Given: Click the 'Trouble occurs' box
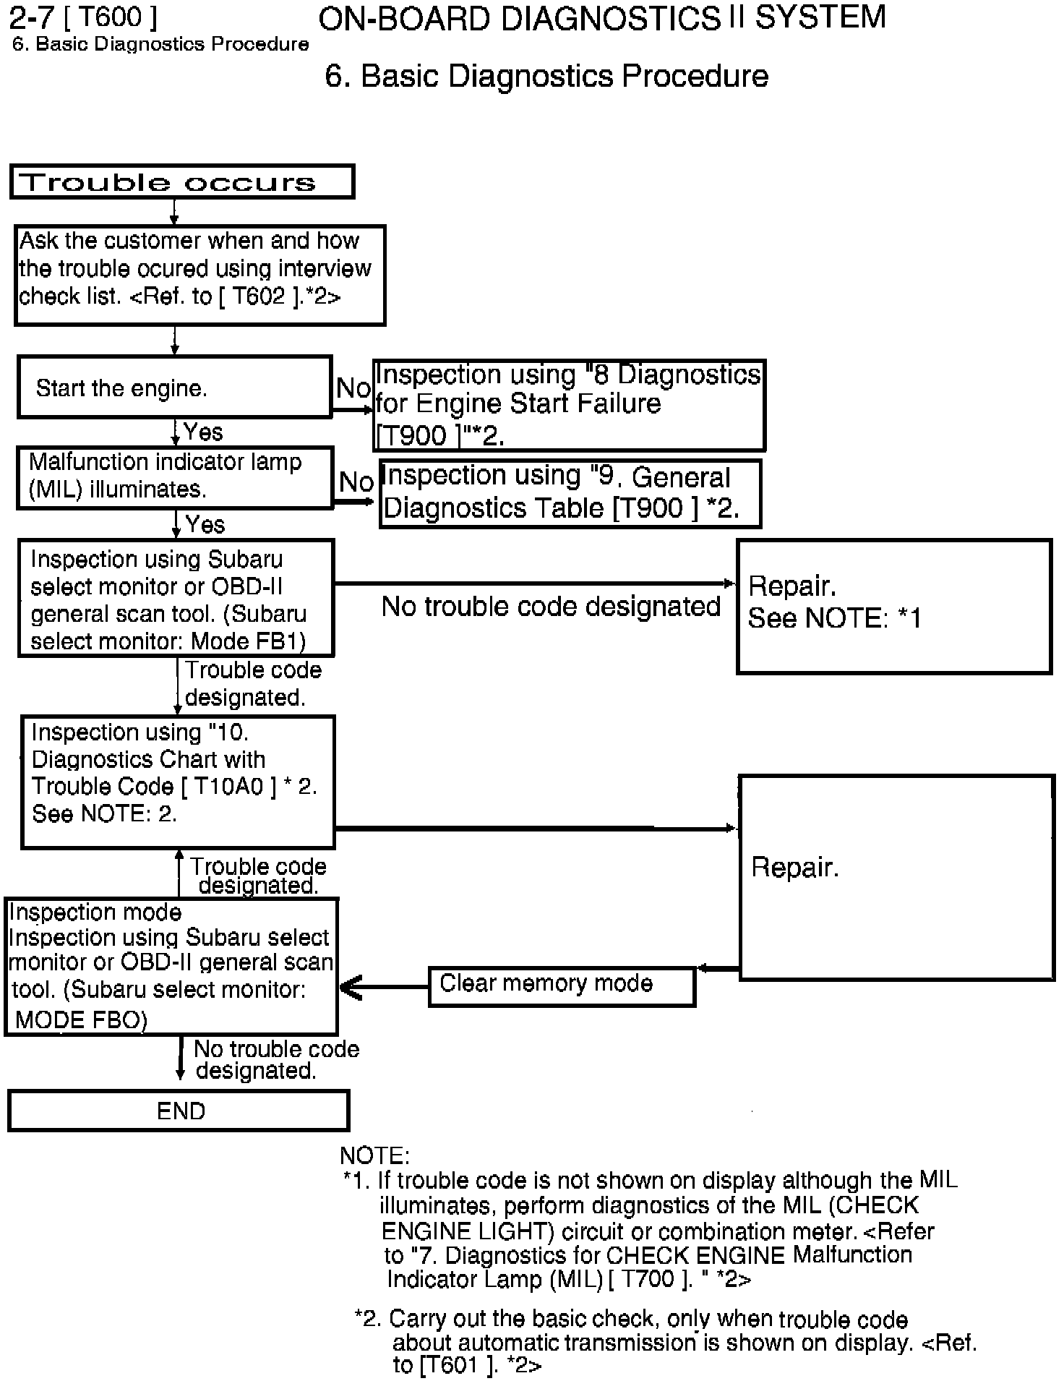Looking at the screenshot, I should [181, 181].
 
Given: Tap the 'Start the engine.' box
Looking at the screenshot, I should [174, 388].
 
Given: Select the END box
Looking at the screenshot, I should [179, 1111].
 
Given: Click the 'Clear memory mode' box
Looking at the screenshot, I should [561, 984].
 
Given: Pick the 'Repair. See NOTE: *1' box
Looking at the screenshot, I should [893, 606].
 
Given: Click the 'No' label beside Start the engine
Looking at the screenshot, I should [353, 388].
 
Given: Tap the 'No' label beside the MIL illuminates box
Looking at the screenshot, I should [356, 482].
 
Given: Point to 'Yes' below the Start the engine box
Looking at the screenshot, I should [203, 432].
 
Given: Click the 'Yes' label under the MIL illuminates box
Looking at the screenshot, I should [205, 524].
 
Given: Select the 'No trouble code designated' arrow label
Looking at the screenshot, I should [551, 607].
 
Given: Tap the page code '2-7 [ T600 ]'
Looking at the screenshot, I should [82, 17].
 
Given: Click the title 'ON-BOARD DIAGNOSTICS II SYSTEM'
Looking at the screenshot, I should [601, 18].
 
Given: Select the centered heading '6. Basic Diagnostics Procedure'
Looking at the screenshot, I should [546, 76].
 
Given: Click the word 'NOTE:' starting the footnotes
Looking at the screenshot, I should [374, 1155].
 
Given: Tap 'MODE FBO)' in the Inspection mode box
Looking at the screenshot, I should [81, 1019].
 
